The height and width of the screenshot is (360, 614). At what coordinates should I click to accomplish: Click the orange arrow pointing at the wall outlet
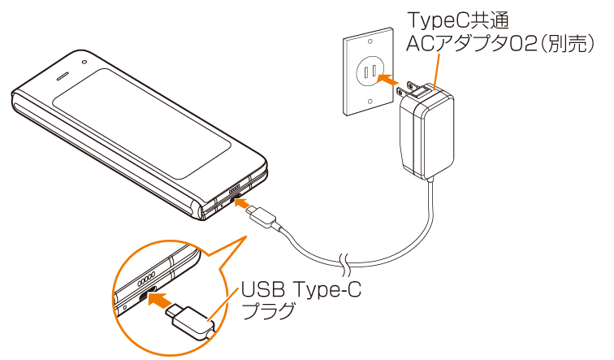coord(390,80)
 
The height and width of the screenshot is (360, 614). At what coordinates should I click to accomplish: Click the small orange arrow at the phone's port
coord(243,204)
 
